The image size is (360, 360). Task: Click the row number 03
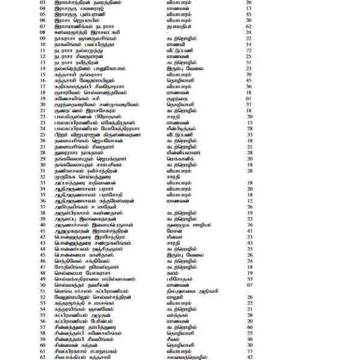[42, 2]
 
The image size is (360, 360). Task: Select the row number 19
[42, 99]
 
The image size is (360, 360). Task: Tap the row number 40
[42, 225]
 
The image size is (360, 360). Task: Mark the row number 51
[42, 291]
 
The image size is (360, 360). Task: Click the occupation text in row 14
[186, 68]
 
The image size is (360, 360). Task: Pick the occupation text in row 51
[192, 291]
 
